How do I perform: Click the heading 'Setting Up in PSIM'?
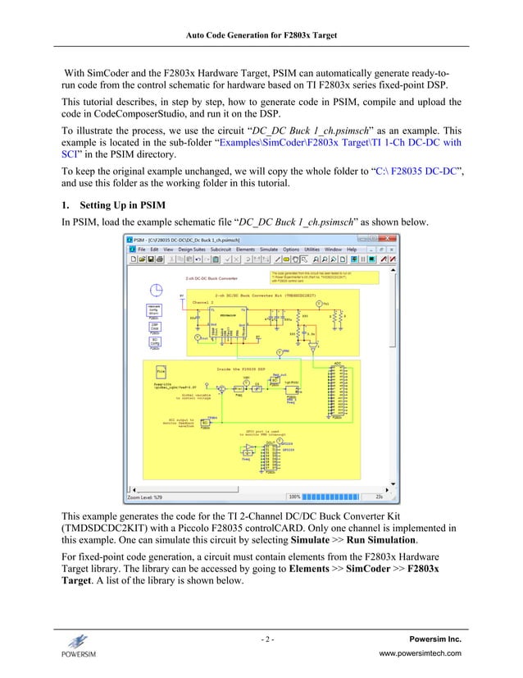[x=122, y=205]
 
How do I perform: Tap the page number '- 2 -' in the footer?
[x=261, y=639]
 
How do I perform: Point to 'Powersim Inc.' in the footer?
[x=434, y=639]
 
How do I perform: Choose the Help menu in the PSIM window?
[x=352, y=249]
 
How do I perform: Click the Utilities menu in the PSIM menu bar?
[x=312, y=249]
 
